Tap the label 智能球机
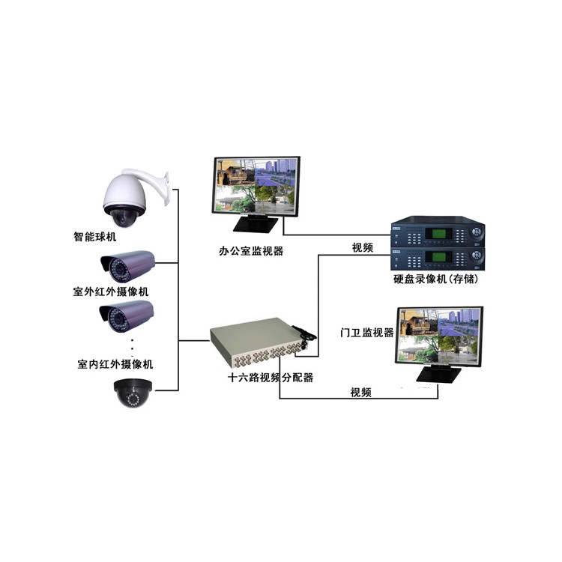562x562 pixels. point(95,237)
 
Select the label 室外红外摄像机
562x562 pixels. point(111,291)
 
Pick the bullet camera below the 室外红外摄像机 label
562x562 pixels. point(127,316)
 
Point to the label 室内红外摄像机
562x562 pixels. point(115,364)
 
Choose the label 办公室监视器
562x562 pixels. point(251,251)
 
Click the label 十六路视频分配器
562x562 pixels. point(271,378)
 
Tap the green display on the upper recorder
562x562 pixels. point(438,234)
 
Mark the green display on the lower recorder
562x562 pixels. point(438,257)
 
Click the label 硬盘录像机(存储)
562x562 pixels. point(436,279)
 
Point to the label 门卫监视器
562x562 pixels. point(367,332)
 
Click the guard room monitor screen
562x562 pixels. point(439,335)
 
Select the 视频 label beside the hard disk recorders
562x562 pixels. point(363,247)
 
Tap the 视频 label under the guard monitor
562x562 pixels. point(361,392)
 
